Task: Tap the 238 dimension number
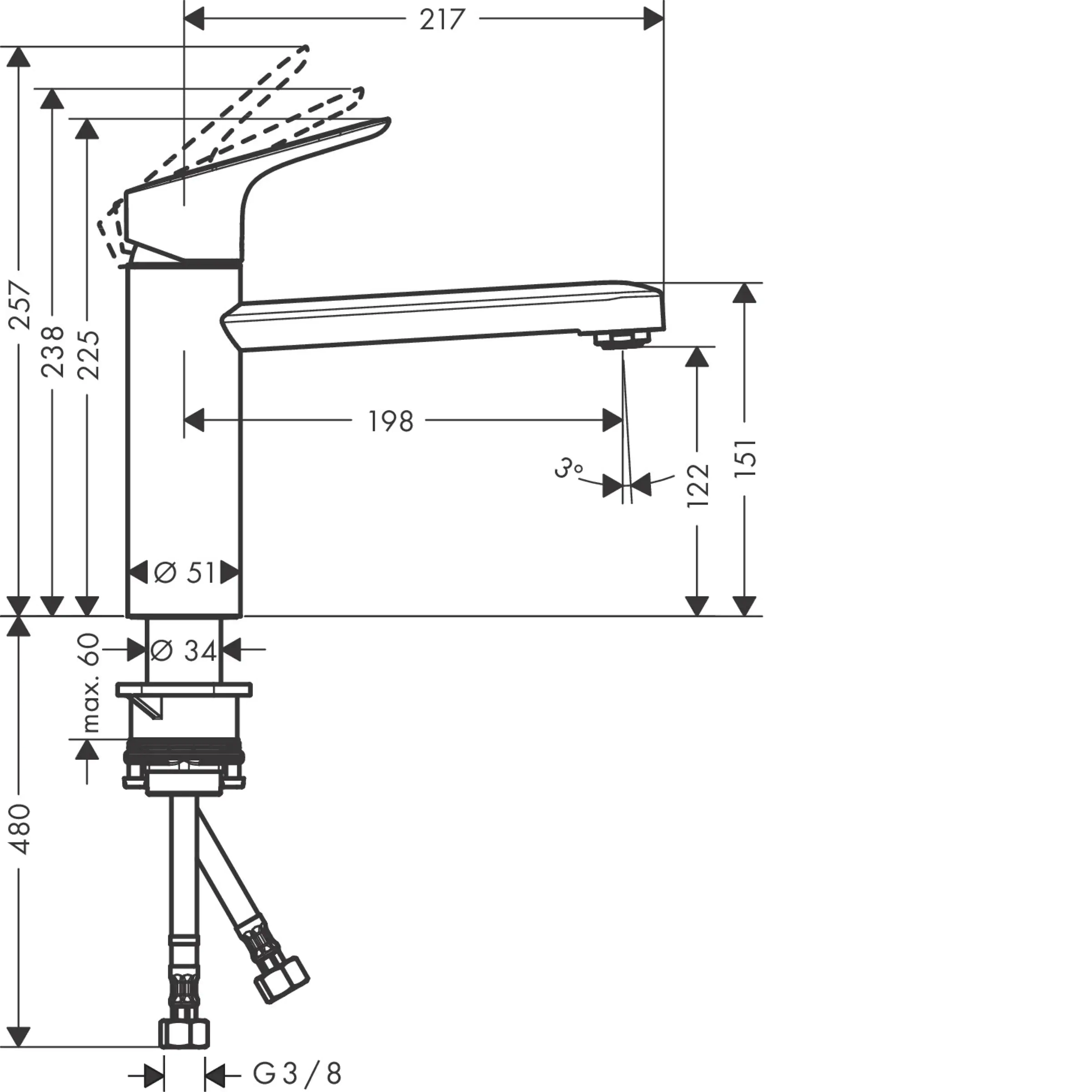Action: coord(53,352)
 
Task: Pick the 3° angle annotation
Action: coord(567,469)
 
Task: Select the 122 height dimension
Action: coord(698,485)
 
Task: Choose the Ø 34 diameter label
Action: coord(184,651)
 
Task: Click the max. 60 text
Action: coord(89,683)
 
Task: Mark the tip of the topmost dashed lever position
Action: coord(305,51)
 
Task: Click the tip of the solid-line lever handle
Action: coord(387,121)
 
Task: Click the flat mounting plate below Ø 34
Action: coord(184,690)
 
